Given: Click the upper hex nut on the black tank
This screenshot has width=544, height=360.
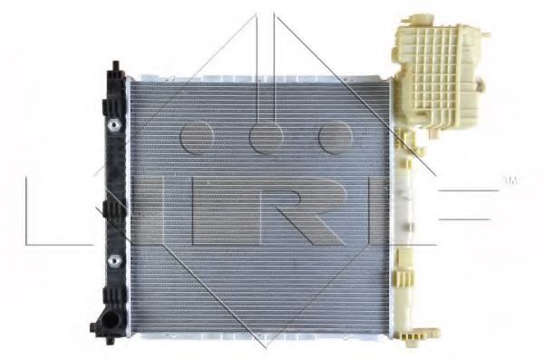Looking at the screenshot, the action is pos(114,125).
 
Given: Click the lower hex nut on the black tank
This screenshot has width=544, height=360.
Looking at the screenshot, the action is pos(114,261).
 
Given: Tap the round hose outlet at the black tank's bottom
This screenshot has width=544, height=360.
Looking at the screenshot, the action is pos(110,321).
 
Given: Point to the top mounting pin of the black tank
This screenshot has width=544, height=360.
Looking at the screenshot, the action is pos(116,65).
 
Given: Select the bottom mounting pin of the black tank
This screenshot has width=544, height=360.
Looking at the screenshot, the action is pos(111,342).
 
